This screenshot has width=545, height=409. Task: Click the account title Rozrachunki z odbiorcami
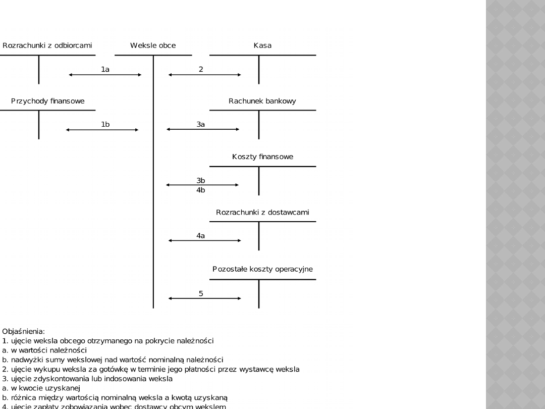tap(47, 45)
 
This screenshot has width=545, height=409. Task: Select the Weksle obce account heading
tap(153, 45)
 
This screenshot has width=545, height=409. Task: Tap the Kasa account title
tap(262, 45)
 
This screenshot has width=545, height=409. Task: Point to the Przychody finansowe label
tap(48, 101)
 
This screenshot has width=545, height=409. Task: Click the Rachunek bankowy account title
tap(262, 101)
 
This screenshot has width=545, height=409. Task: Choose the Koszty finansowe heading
tap(262, 157)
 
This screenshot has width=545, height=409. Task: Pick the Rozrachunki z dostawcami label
tap(262, 213)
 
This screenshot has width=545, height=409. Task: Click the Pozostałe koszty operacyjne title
tap(262, 269)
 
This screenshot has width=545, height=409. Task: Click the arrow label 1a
tap(105, 69)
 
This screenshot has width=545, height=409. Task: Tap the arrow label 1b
tap(105, 124)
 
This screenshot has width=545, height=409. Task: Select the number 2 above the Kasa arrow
tap(201, 69)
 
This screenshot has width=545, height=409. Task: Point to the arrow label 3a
tap(201, 124)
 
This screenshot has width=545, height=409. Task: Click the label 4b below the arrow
tap(201, 190)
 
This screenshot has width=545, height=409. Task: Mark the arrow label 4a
tap(201, 235)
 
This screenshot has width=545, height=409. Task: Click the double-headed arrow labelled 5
tap(204, 298)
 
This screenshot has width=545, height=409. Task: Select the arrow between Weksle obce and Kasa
tap(204, 75)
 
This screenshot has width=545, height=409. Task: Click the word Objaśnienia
tap(23, 332)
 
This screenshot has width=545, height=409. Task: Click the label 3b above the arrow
tap(201, 180)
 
